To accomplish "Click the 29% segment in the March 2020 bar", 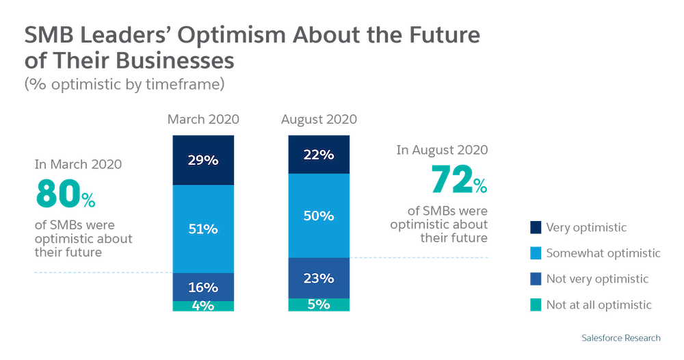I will [202, 161].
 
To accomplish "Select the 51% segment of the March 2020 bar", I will [202, 229].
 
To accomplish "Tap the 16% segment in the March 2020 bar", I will [202, 287].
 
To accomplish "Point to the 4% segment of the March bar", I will [202, 307].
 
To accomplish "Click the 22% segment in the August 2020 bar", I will [319, 155].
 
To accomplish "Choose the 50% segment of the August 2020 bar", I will [319, 216].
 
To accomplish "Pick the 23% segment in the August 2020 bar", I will [319, 278].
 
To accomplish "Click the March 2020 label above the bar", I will [203, 120].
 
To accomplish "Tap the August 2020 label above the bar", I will [319, 120].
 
